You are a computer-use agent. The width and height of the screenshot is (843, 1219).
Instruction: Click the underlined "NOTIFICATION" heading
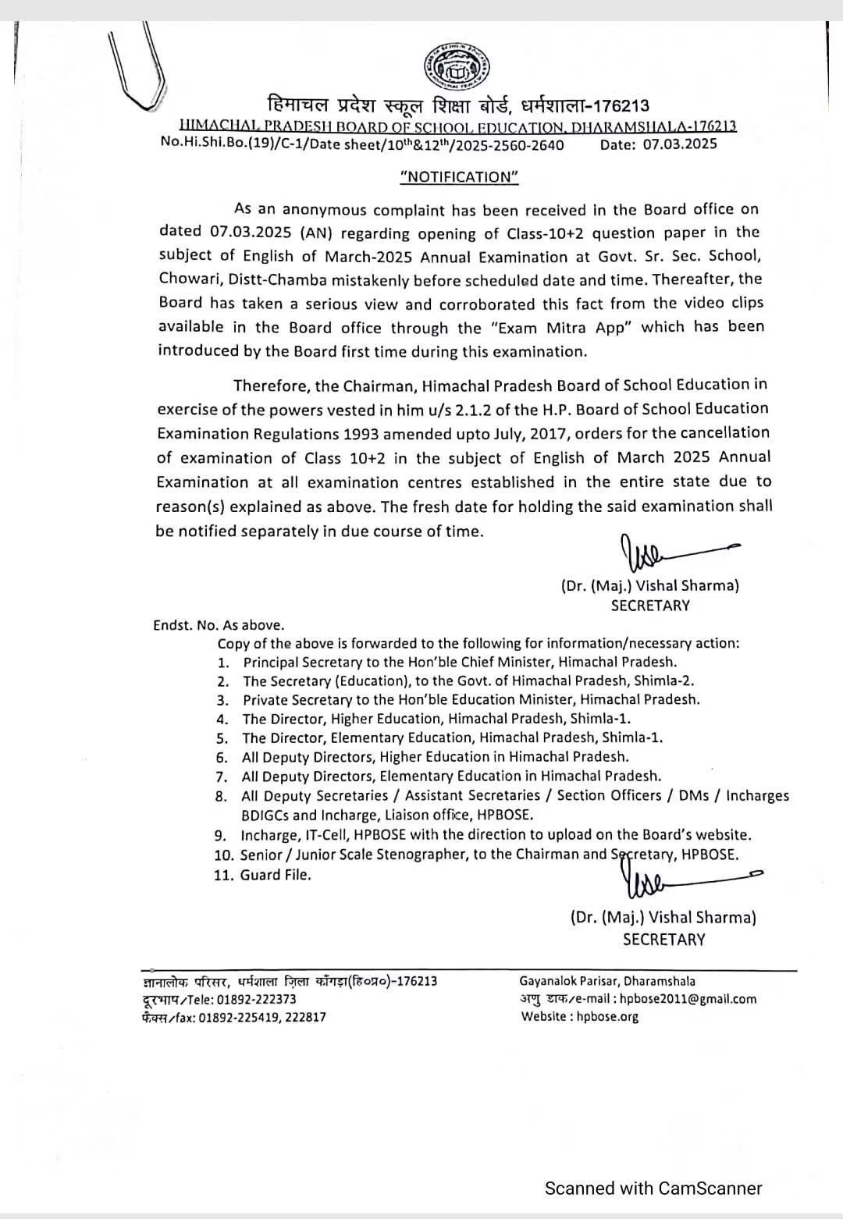coord(459,176)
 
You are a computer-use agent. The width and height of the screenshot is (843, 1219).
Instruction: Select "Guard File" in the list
coord(276,875)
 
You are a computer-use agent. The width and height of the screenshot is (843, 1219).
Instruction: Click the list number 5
coord(222,738)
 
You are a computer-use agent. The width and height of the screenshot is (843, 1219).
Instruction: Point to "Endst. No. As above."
coord(219,625)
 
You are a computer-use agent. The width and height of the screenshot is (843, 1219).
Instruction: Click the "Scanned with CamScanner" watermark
coord(653,1189)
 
